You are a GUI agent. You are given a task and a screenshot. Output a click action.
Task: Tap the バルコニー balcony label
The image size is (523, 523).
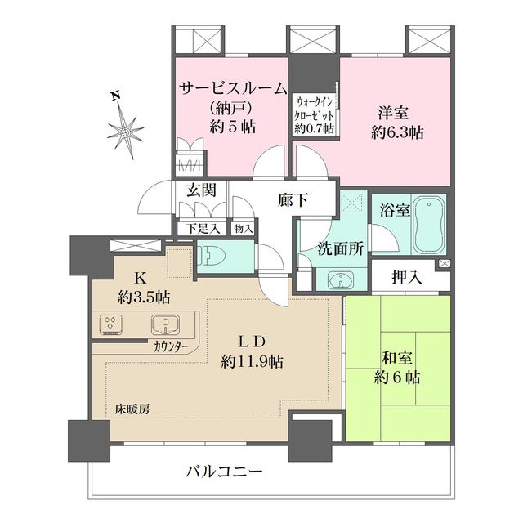click(223, 472)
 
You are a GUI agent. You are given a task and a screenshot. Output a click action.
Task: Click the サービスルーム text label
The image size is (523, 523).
click(232, 88)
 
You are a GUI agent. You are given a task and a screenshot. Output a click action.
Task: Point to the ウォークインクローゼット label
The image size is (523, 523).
click(315, 114)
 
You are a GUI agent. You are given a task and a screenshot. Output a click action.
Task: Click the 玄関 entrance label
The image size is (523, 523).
click(200, 191)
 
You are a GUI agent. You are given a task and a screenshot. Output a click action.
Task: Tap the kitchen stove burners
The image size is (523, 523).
click(111, 325)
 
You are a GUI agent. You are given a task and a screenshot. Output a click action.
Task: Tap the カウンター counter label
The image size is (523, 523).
click(171, 347)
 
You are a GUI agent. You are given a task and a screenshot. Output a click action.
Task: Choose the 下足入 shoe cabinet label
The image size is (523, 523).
click(195, 228)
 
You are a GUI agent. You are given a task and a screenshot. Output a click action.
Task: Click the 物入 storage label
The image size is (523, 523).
click(242, 228)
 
